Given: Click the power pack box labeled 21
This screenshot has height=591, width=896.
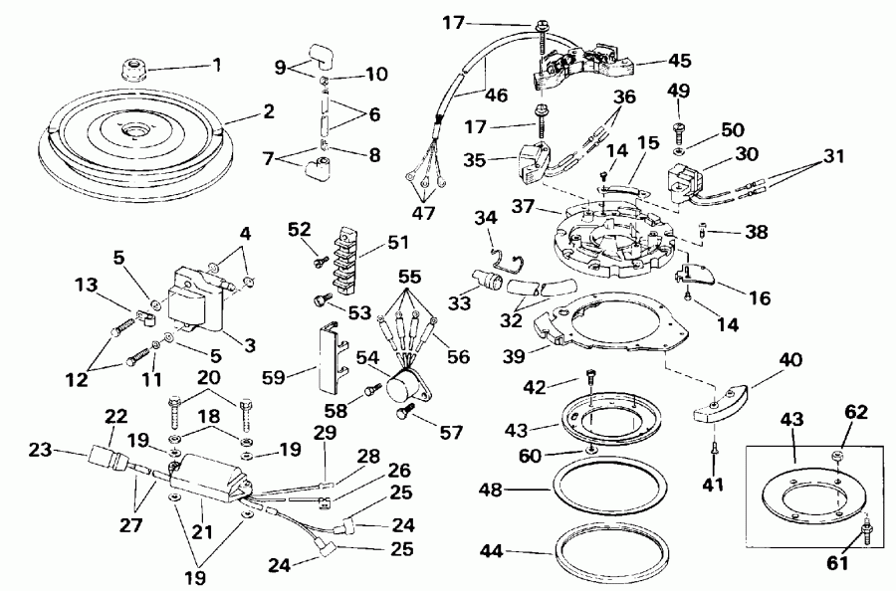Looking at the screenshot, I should (x=209, y=472).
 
